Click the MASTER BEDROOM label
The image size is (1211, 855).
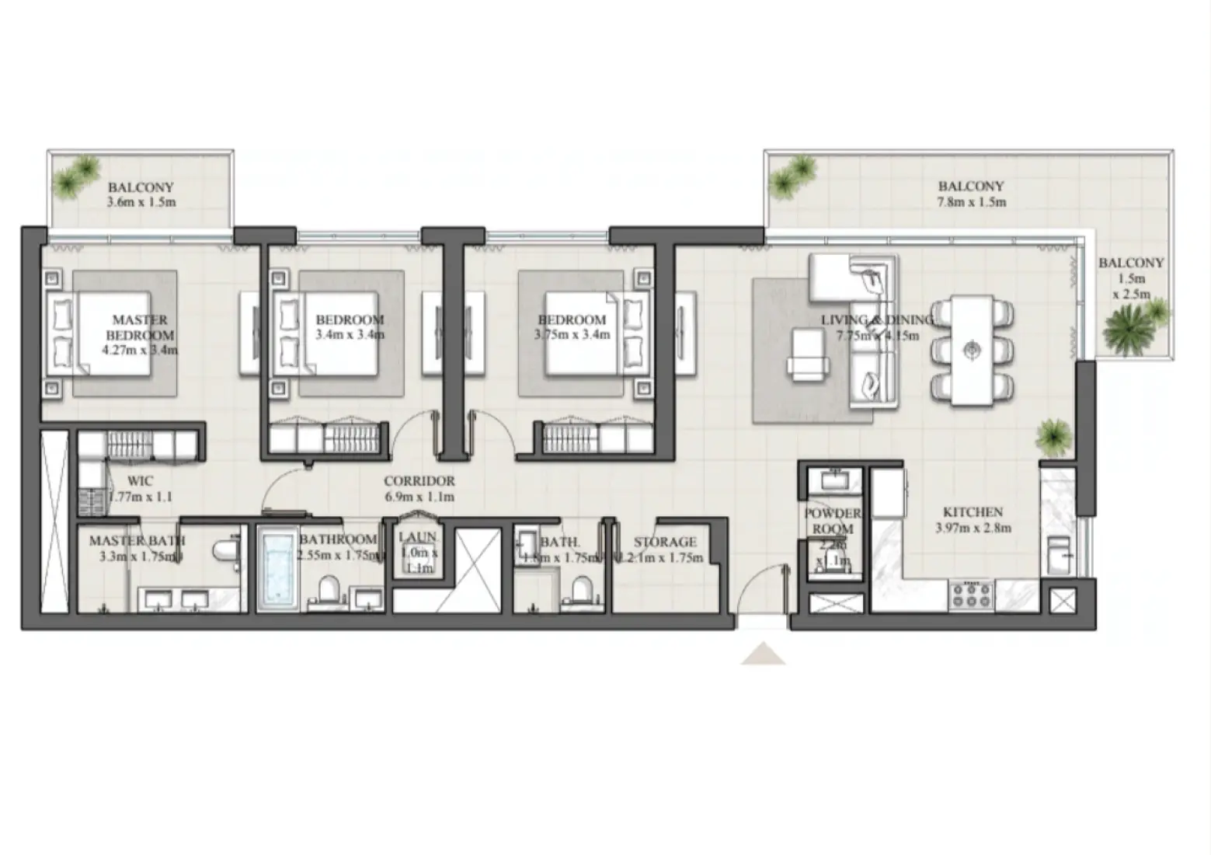pyautogui.click(x=140, y=327)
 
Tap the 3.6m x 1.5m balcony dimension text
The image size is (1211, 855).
pyautogui.click(x=141, y=203)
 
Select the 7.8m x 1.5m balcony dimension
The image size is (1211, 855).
pyautogui.click(x=971, y=202)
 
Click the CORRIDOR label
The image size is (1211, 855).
pyautogui.click(x=419, y=481)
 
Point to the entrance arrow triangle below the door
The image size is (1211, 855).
pyautogui.click(x=763, y=654)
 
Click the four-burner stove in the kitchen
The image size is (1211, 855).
pyautogui.click(x=971, y=596)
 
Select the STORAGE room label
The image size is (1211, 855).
pyautogui.click(x=665, y=542)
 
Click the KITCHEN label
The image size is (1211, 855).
pyautogui.click(x=973, y=512)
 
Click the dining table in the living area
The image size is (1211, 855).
pyautogui.click(x=972, y=350)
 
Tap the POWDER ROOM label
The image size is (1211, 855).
pyautogui.click(x=833, y=521)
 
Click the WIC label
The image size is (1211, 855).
pyautogui.click(x=140, y=481)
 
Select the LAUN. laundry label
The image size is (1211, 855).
pyautogui.click(x=417, y=537)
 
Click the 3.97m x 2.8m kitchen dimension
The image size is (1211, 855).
pyautogui.click(x=973, y=529)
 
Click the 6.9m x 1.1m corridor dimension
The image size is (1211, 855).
pyautogui.click(x=419, y=497)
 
